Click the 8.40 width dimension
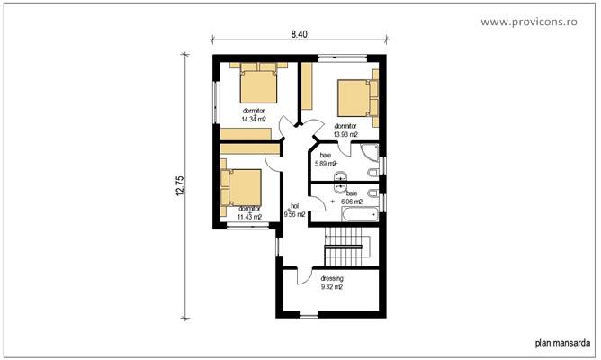299,34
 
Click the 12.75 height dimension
179,185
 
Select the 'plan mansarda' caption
563,342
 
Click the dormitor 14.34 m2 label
254,114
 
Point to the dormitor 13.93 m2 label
346,130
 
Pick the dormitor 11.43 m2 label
249,212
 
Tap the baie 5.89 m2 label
325,159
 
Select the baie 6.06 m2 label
351,198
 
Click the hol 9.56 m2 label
294,211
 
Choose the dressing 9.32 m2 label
333,283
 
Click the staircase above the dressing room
346,247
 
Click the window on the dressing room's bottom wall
309,313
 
